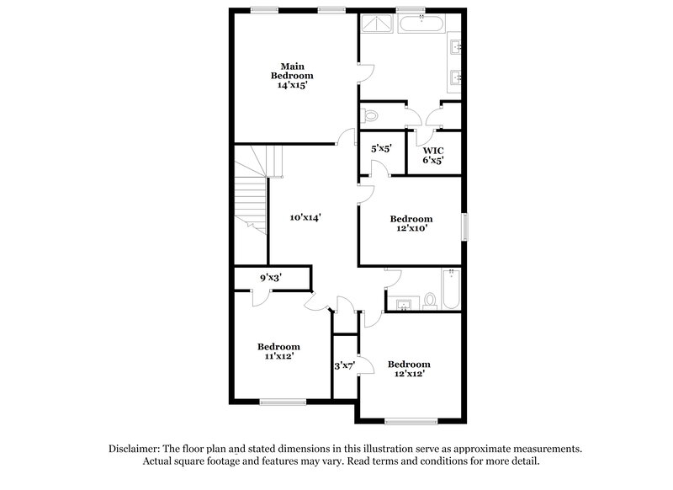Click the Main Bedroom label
coord(292,71)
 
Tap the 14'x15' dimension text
coord(292,85)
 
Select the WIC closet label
coord(433,151)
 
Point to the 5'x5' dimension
coord(382,148)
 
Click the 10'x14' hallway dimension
coord(305,217)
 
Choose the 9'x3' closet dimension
coord(271,278)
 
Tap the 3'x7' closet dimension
coord(345,366)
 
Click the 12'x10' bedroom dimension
coord(411,228)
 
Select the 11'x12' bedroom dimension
coord(279,355)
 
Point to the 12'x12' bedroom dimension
coord(410,374)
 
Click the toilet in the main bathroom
coord(369,115)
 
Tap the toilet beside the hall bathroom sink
coord(430,301)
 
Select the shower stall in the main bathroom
coord(376,24)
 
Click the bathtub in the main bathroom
coord(421,24)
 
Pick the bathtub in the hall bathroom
coord(451,289)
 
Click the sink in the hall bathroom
coord(404,305)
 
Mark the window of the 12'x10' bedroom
coord(465,226)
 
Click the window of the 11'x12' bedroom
coord(283,402)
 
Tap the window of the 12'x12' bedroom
coord(411,421)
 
